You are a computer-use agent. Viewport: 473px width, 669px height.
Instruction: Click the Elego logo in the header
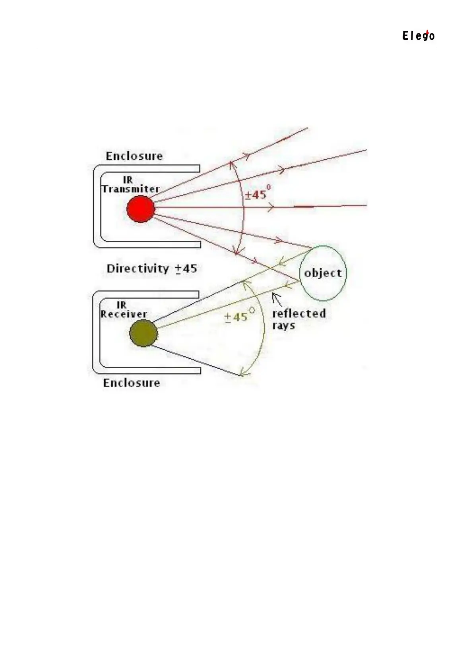point(418,36)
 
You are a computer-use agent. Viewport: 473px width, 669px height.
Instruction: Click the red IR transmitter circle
point(141,209)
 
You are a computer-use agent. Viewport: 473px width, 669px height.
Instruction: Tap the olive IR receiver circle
point(143,333)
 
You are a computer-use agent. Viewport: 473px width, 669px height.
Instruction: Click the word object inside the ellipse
point(323,273)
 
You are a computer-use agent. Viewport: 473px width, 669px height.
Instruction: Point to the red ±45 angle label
point(257,195)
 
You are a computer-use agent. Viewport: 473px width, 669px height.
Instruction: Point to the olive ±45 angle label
point(238,317)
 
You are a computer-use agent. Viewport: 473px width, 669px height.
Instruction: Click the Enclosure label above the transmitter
point(134,156)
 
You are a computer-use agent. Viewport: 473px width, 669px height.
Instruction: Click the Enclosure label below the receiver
point(132,383)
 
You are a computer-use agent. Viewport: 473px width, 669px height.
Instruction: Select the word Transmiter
point(131,189)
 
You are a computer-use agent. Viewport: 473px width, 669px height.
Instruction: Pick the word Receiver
point(124,314)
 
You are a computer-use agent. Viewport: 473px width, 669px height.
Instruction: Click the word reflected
point(299,313)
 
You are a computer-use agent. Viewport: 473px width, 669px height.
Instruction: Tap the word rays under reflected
point(283,326)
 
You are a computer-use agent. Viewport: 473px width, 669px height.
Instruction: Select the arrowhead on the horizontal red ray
point(271,207)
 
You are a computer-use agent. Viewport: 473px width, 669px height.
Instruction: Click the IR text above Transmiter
point(128,180)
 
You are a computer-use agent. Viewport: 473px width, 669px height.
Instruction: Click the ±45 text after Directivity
point(186,269)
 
